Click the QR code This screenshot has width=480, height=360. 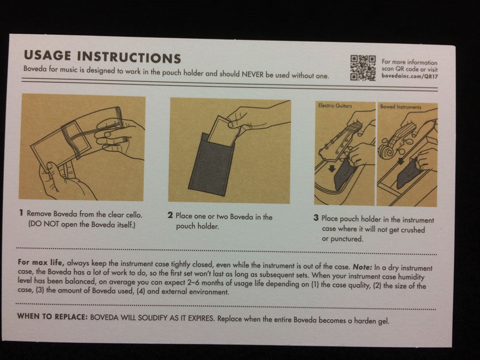(363, 68)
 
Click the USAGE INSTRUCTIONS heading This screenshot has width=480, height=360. (103, 57)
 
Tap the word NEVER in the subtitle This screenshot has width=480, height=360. (252, 74)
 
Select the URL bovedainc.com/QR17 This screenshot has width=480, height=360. (409, 76)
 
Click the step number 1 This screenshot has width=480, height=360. (21, 213)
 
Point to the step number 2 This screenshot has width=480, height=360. (170, 215)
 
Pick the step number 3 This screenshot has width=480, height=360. (316, 217)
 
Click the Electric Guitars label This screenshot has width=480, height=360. (335, 106)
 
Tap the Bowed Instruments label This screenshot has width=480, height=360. (401, 107)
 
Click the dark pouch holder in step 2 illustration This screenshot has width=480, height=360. (211, 165)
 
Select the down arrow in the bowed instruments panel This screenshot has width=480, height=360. (400, 161)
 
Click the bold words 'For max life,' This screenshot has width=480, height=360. (41, 263)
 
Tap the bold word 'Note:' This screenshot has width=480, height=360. (362, 267)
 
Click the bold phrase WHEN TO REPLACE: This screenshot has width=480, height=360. (52, 316)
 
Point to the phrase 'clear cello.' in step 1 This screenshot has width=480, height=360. (125, 215)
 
